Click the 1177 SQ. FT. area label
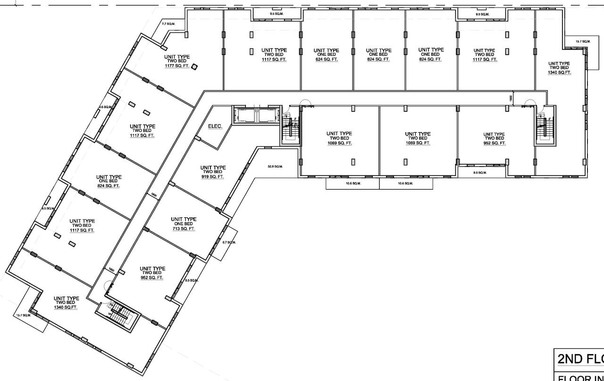pos(176,66)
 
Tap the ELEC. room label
pos(215,127)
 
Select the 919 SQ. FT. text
pos(213,177)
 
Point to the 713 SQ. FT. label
pos(184,229)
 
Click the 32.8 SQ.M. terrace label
pos(275,166)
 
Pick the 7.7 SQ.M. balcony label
pos(168,24)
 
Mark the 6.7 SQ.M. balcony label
pos(228,242)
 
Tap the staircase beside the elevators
pos(288,128)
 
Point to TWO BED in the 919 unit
pos(213,172)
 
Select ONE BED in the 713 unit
pos(184,224)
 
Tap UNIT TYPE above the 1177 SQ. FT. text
pos(177,57)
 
